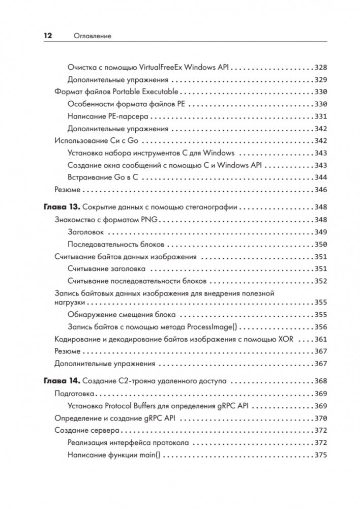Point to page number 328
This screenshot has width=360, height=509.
pos(321,67)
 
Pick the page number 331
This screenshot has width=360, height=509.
pos(321,116)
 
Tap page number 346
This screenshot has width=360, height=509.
pos(321,189)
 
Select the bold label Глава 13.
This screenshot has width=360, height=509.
pos(59,207)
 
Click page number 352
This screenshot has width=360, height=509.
pos(321,281)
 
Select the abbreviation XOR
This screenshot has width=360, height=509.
pos(288,339)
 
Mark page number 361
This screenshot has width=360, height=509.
pos(321,339)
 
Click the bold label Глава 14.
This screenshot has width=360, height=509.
pos(59,381)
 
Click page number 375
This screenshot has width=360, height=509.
pos(321,455)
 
